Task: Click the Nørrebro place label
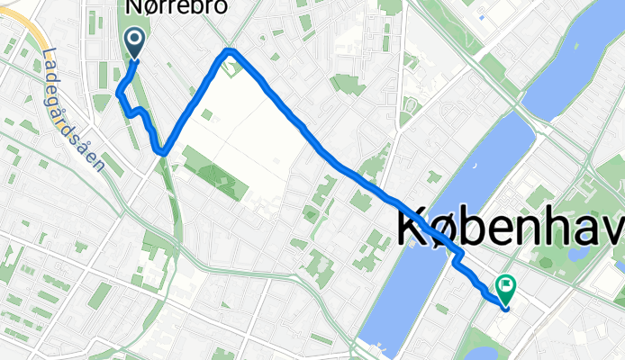(x=175, y=6)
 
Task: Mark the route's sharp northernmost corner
(x=231, y=51)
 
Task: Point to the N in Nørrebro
(x=131, y=6)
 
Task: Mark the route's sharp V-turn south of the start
(x=162, y=151)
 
